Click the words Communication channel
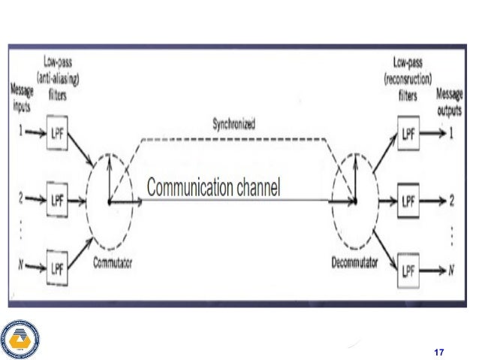[x=213, y=187]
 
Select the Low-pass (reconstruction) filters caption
[x=409, y=77]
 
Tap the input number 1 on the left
[x=20, y=131]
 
